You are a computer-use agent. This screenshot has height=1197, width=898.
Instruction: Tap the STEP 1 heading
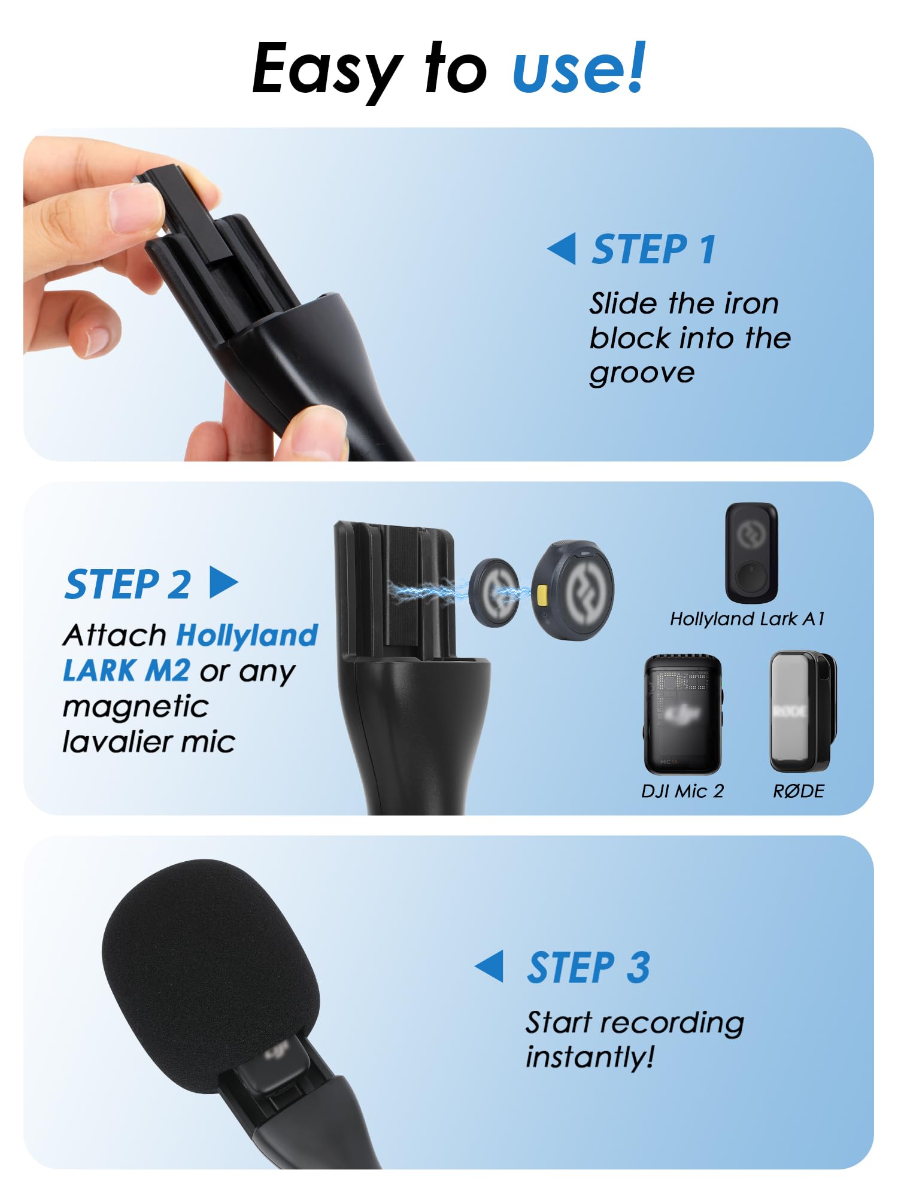click(x=654, y=249)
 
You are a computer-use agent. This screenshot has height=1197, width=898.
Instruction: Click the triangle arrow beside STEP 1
click(x=563, y=248)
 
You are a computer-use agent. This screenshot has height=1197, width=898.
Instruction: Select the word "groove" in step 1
click(x=642, y=373)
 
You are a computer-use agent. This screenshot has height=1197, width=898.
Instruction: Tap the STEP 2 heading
click(x=128, y=584)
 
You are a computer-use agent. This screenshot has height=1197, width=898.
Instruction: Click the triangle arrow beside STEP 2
click(x=223, y=582)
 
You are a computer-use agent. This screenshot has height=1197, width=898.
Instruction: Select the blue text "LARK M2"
click(x=126, y=670)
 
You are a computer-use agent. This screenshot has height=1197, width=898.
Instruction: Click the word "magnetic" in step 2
click(x=135, y=706)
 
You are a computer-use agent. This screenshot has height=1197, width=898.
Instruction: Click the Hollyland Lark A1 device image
click(x=751, y=552)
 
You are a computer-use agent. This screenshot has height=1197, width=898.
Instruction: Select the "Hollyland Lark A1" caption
click(x=747, y=619)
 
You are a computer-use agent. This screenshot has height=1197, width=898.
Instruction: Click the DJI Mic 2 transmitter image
click(x=682, y=714)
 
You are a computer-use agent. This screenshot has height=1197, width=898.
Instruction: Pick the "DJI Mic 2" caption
click(x=682, y=791)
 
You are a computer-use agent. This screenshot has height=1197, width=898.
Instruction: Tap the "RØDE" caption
click(x=799, y=791)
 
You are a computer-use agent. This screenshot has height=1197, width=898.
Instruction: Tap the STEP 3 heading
click(x=588, y=967)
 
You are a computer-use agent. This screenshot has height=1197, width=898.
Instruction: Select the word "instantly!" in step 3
click(x=590, y=1057)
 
